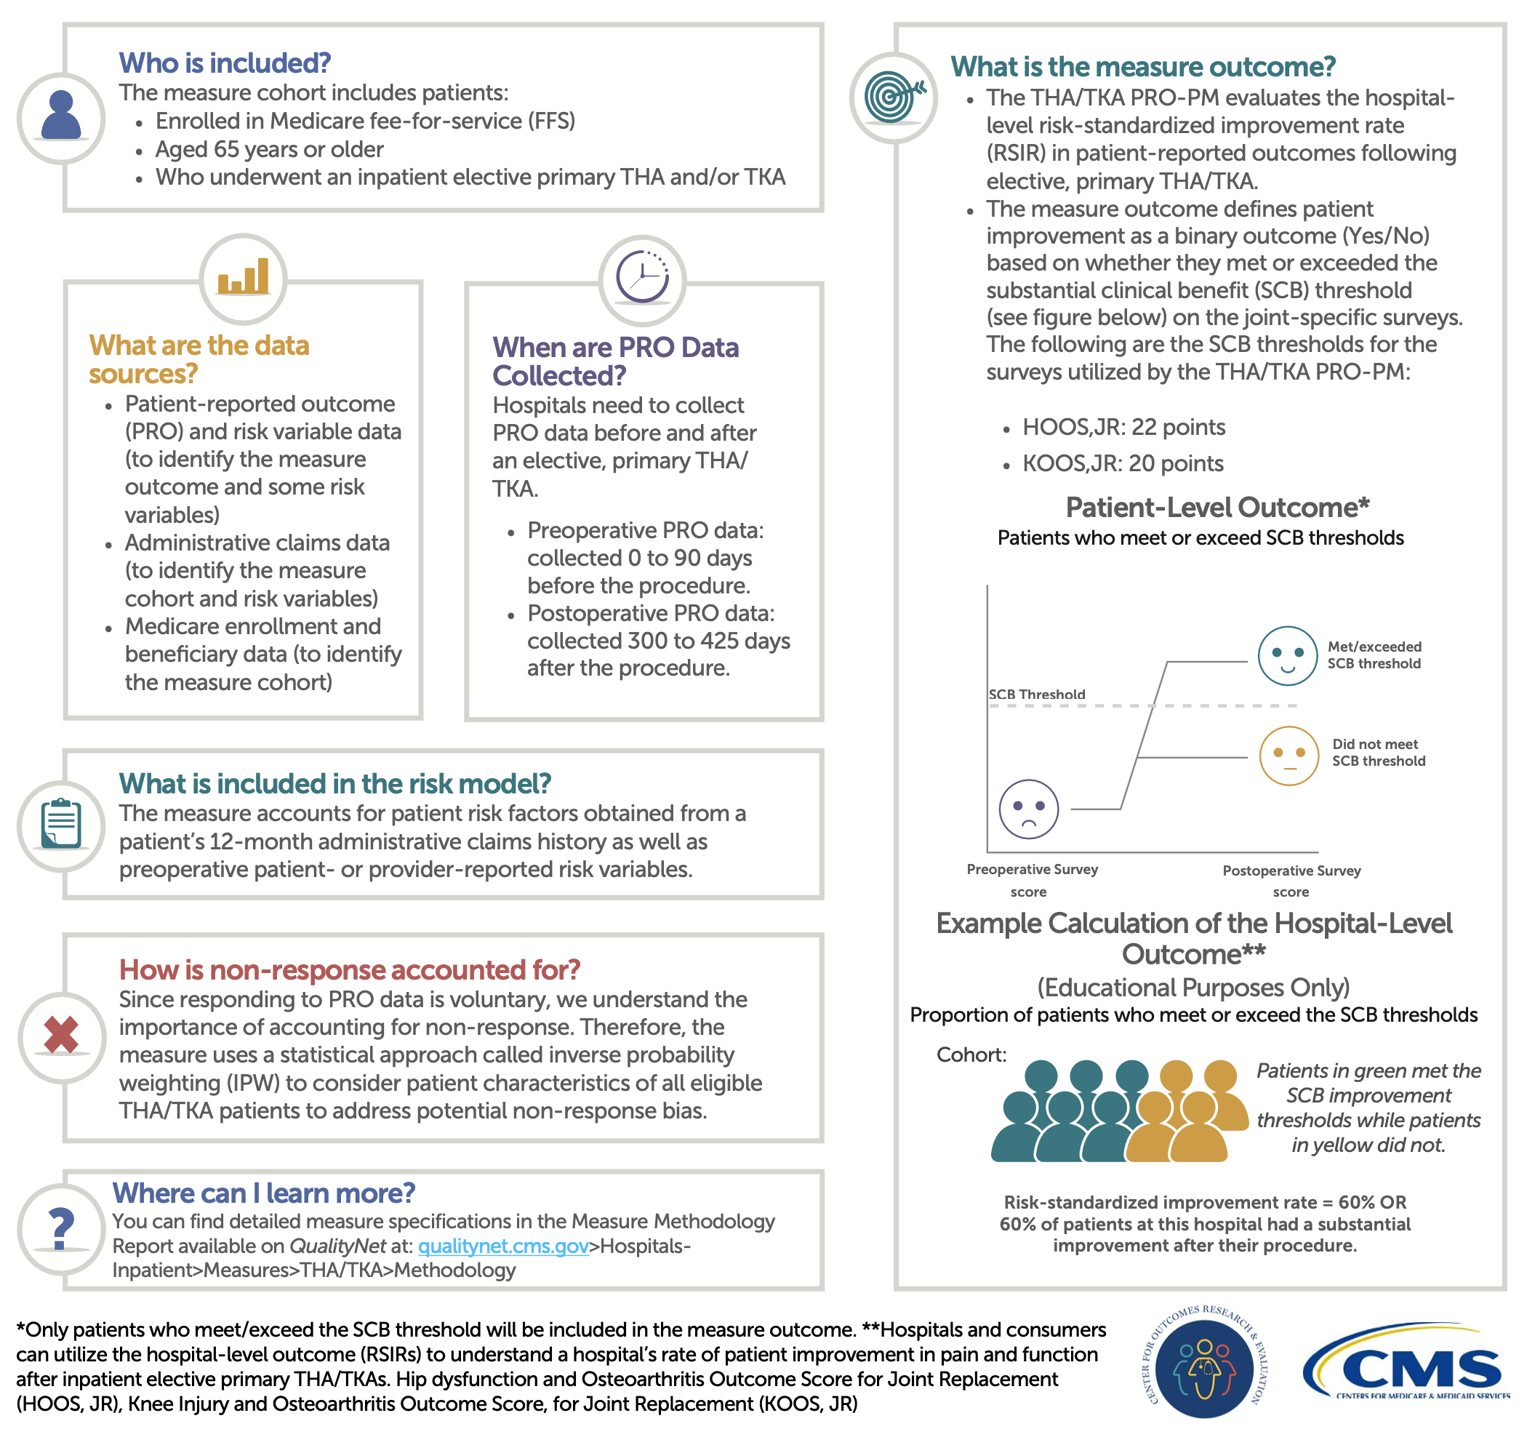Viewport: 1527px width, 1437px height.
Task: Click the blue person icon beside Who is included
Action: pyautogui.click(x=60, y=117)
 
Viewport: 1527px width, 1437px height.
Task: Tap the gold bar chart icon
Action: pyautogui.click(x=243, y=277)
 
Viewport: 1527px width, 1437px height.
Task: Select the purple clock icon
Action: pyautogui.click(x=642, y=277)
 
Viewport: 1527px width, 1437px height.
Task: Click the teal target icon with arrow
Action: pyautogui.click(x=892, y=97)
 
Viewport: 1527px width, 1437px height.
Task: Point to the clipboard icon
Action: pyautogui.click(x=60, y=824)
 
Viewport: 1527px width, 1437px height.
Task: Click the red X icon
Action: pyautogui.click(x=62, y=1035)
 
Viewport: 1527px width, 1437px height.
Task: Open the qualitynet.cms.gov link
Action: pyautogui.click(x=503, y=1246)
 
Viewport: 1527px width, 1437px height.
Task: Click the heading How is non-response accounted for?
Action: pyautogui.click(x=350, y=970)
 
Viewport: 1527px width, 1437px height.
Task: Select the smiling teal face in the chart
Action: pyautogui.click(x=1287, y=655)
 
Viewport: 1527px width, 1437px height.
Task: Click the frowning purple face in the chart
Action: pyautogui.click(x=1028, y=809)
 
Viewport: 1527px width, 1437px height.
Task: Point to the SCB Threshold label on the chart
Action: pyautogui.click(x=1036, y=695)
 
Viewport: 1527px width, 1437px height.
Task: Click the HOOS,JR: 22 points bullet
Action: pyautogui.click(x=1123, y=427)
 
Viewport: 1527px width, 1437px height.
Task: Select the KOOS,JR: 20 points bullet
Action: pyautogui.click(x=1122, y=464)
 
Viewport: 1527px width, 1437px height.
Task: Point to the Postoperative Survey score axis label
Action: pyautogui.click(x=1291, y=881)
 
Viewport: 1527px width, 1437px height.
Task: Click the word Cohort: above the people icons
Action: pyautogui.click(x=971, y=1054)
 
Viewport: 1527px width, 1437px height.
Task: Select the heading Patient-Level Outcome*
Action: pyautogui.click(x=1217, y=508)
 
